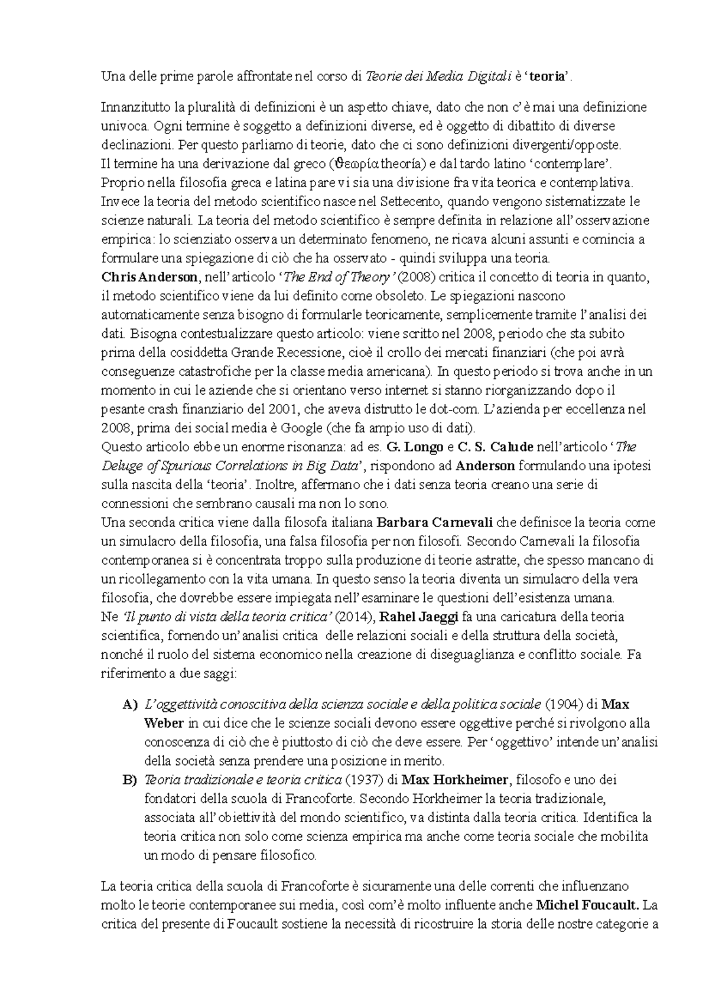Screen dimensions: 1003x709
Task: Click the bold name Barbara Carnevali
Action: pyautogui.click(x=436, y=522)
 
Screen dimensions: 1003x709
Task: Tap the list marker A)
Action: pyautogui.click(x=129, y=704)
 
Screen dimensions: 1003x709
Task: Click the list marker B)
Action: pyautogui.click(x=129, y=780)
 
